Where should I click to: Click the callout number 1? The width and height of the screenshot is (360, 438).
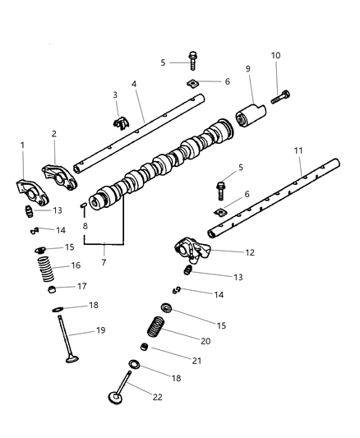[x=23, y=145]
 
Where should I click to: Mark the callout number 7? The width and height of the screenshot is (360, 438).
[x=104, y=262]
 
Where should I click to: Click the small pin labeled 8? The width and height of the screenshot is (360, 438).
[x=84, y=205]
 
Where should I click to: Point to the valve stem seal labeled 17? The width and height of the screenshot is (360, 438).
[x=51, y=289]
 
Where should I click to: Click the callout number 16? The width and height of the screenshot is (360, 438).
[x=76, y=265]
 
